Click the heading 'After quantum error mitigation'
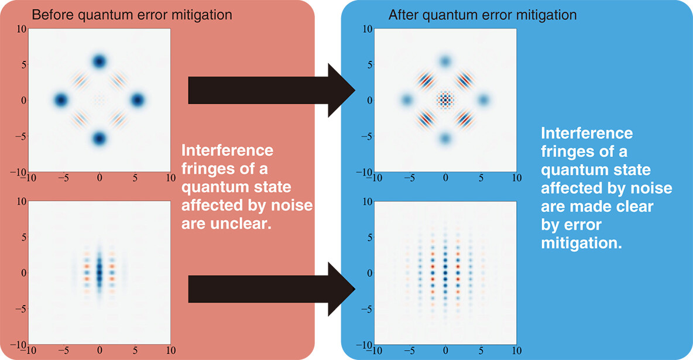coord(482,15)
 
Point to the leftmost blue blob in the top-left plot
coord(60,100)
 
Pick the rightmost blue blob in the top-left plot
coord(138,100)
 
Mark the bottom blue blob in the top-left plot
coord(99,139)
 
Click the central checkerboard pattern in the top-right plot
coord(445,100)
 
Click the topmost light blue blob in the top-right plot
coord(445,61)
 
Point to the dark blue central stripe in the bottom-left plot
coord(99,272)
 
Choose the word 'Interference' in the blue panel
coord(586,133)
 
